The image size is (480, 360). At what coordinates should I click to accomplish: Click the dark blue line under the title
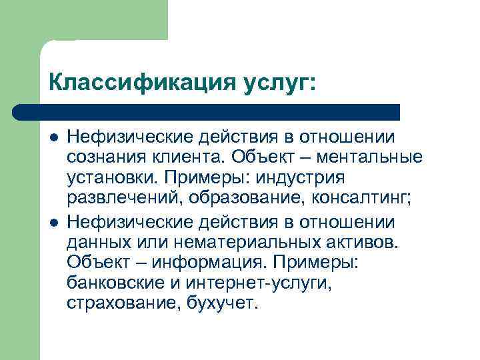pos(207,111)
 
